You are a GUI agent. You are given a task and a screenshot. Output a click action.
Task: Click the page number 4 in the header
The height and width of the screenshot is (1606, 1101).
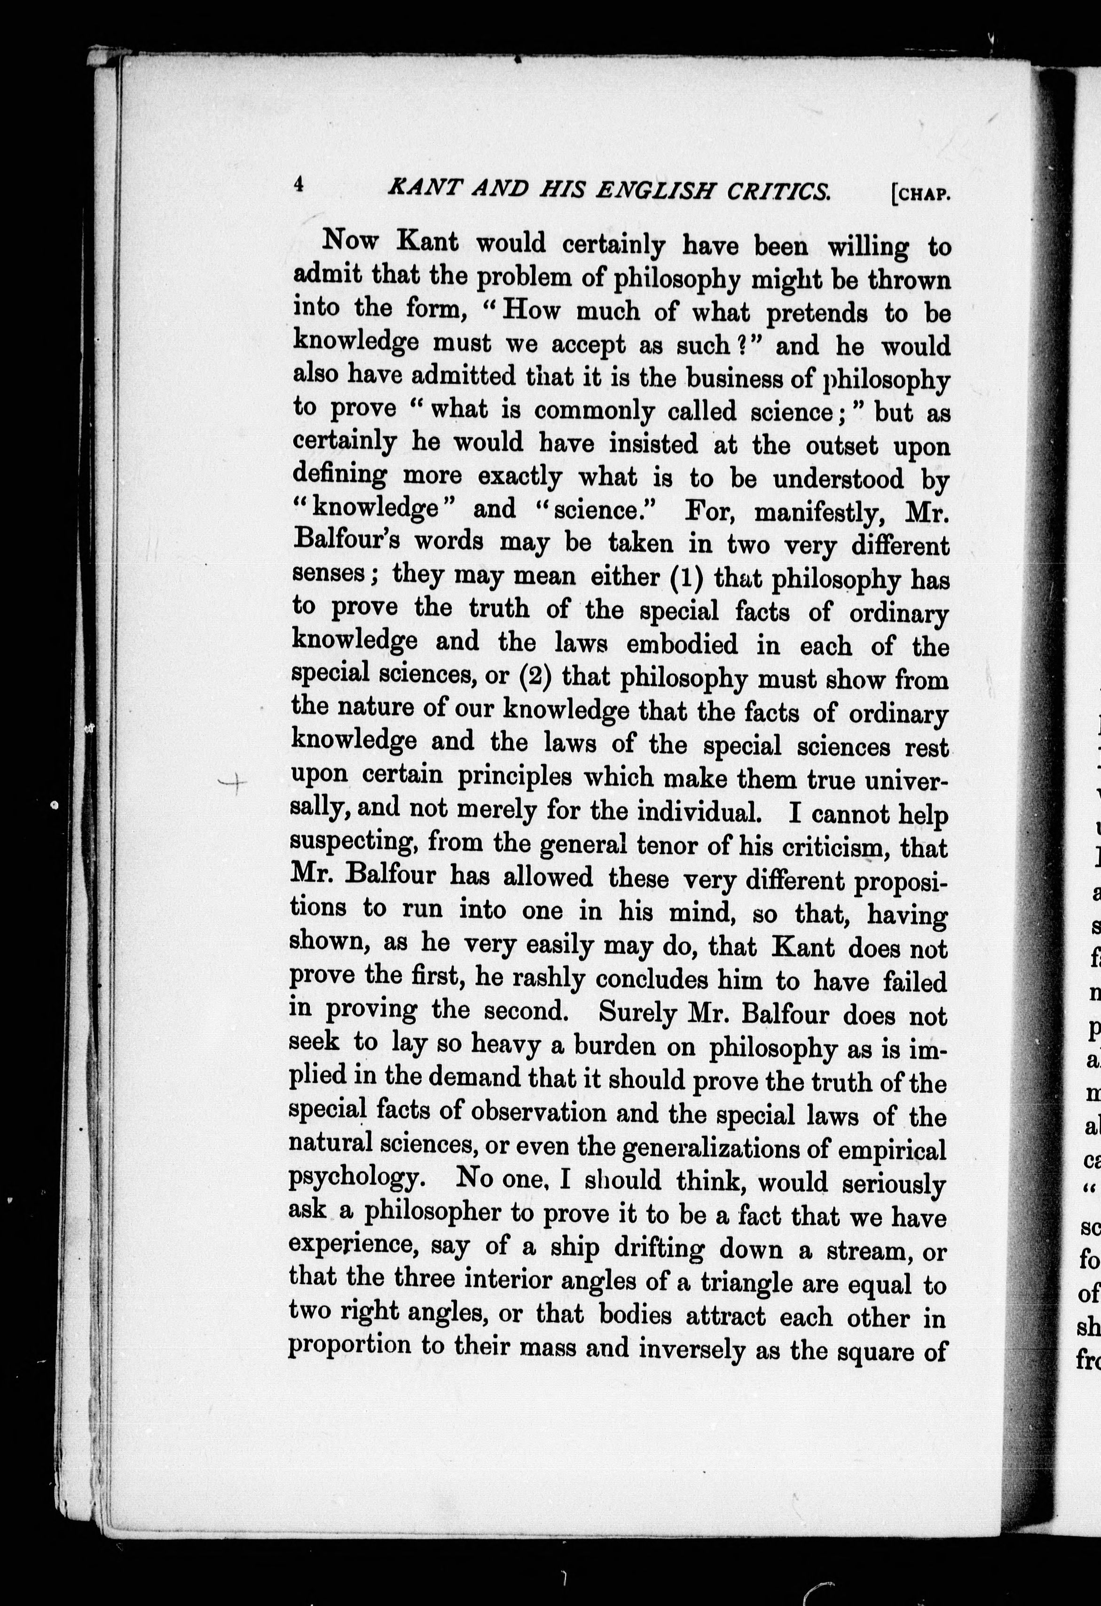click(299, 184)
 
